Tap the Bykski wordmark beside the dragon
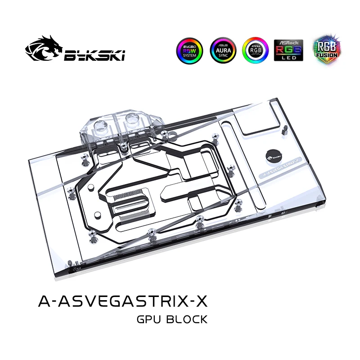coord(95,55)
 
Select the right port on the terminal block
coord(132,120)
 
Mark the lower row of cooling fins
coord(135,211)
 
